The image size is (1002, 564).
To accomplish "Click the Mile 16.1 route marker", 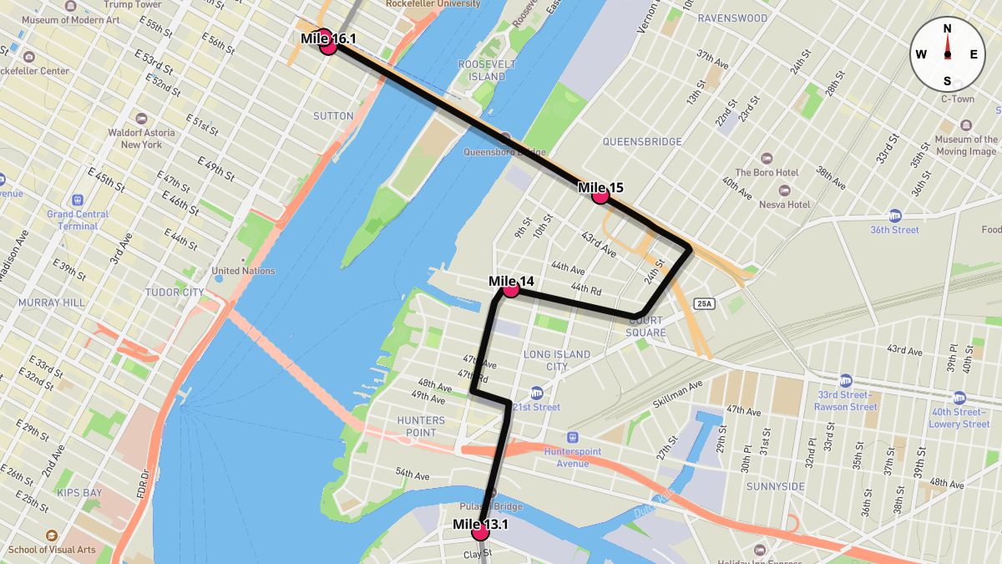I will [328, 47].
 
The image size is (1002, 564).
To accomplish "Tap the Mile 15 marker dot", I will [600, 196].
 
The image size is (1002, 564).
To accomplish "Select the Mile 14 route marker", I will [511, 289].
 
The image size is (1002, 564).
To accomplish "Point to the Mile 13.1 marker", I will [480, 532].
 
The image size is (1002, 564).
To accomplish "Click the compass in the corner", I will [947, 54].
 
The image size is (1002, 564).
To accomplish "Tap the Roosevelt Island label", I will [482, 70].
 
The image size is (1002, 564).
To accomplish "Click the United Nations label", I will [243, 271].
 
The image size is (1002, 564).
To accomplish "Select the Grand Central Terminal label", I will [78, 220].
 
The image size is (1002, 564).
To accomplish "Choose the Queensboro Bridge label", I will [504, 152].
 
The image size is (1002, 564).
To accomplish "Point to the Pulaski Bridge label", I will [491, 507].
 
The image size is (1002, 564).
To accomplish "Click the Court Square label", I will [646, 326].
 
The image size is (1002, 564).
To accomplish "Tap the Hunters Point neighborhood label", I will [422, 426].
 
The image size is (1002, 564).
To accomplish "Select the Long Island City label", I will [557, 360].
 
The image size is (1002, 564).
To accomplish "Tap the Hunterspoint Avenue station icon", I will [573, 437].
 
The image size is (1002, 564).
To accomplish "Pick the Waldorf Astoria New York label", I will [142, 138].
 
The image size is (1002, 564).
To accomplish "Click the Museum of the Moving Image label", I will [965, 145].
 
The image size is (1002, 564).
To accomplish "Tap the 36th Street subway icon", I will [895, 215].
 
